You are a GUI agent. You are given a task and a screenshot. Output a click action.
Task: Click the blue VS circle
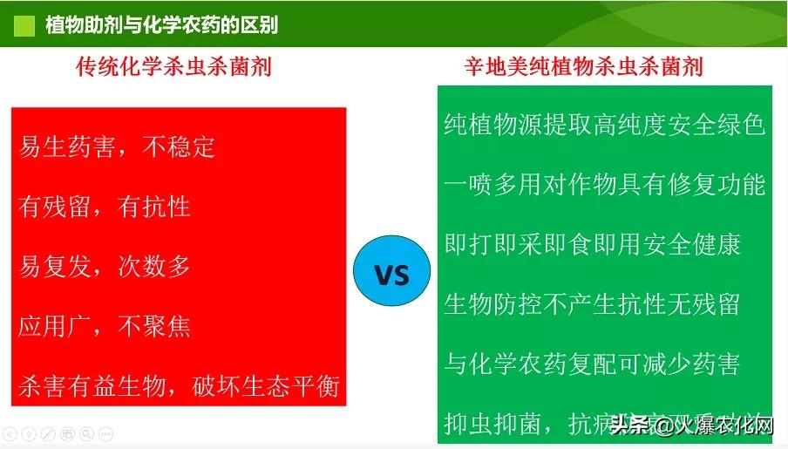pos(391,275)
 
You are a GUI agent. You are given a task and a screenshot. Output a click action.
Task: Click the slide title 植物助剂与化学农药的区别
pos(161,24)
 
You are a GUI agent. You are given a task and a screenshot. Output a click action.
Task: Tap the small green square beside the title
pos(25,24)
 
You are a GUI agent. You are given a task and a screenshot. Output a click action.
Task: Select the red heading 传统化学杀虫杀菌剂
pos(174,67)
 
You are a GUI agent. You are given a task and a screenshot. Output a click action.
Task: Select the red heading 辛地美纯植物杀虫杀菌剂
pos(583,67)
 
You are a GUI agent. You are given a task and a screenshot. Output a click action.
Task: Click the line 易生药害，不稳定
pos(117,146)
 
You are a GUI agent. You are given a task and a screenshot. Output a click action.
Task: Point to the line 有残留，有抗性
pos(105,206)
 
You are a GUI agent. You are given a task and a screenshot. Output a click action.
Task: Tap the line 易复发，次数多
pos(105,266)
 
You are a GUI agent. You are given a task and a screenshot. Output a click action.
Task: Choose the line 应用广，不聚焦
pos(105,326)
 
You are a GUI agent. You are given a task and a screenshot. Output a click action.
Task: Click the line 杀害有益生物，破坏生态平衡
pos(178,386)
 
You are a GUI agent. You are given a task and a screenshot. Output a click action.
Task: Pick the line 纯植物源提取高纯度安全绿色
pos(604,125)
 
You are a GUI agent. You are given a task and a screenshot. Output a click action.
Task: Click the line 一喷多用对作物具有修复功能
pos(604,185)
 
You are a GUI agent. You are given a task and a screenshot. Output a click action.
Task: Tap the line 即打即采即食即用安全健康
pos(592,244)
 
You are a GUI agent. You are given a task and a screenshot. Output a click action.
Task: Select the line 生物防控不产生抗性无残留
pos(592,303)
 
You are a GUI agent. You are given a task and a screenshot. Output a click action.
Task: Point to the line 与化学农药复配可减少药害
pos(592,364)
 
